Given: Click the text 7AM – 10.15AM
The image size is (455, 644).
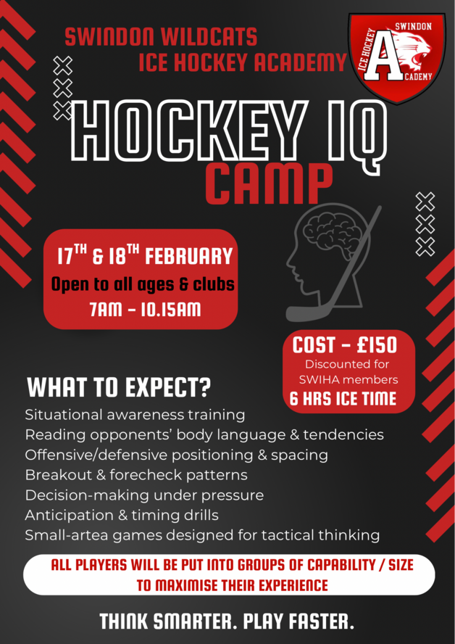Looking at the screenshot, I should pos(145,310).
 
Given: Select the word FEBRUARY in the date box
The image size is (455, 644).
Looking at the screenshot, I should pos(189,257).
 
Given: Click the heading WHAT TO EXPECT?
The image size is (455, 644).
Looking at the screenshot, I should pos(119,388).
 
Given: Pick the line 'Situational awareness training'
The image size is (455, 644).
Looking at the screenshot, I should pos(135,416).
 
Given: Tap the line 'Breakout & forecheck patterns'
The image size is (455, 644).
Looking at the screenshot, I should pos(136,475).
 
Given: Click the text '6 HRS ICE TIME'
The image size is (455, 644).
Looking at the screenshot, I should pos(343,398).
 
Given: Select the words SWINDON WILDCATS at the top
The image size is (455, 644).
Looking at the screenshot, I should pos(161,36).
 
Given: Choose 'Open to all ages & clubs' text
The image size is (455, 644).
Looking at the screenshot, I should pos(143,284).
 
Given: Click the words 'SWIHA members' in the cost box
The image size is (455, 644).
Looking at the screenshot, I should pos(348,379).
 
